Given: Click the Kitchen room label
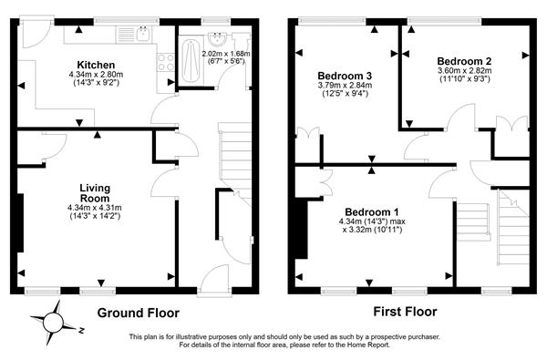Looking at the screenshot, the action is [x=96, y=65].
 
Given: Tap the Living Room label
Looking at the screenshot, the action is [x=95, y=193].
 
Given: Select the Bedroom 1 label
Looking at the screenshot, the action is [x=372, y=211].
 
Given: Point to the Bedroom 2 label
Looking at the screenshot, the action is [x=464, y=61].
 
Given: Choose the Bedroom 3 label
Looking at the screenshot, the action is [x=345, y=76].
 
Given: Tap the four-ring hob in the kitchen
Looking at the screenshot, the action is [x=166, y=63].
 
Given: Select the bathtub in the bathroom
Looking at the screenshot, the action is [x=191, y=61].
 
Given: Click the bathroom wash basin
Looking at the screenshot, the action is [x=218, y=39].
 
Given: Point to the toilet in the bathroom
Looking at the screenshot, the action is [x=241, y=41].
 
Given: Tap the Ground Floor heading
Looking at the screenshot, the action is [x=139, y=313].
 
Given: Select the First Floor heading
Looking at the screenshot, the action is [x=405, y=312].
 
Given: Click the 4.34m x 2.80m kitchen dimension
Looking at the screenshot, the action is [x=96, y=75].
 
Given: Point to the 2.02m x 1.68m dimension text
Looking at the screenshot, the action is [x=226, y=54].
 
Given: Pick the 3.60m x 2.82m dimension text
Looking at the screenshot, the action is [x=465, y=70].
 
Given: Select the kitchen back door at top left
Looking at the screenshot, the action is [x=37, y=33].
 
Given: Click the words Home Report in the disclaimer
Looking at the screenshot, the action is [x=367, y=345].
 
